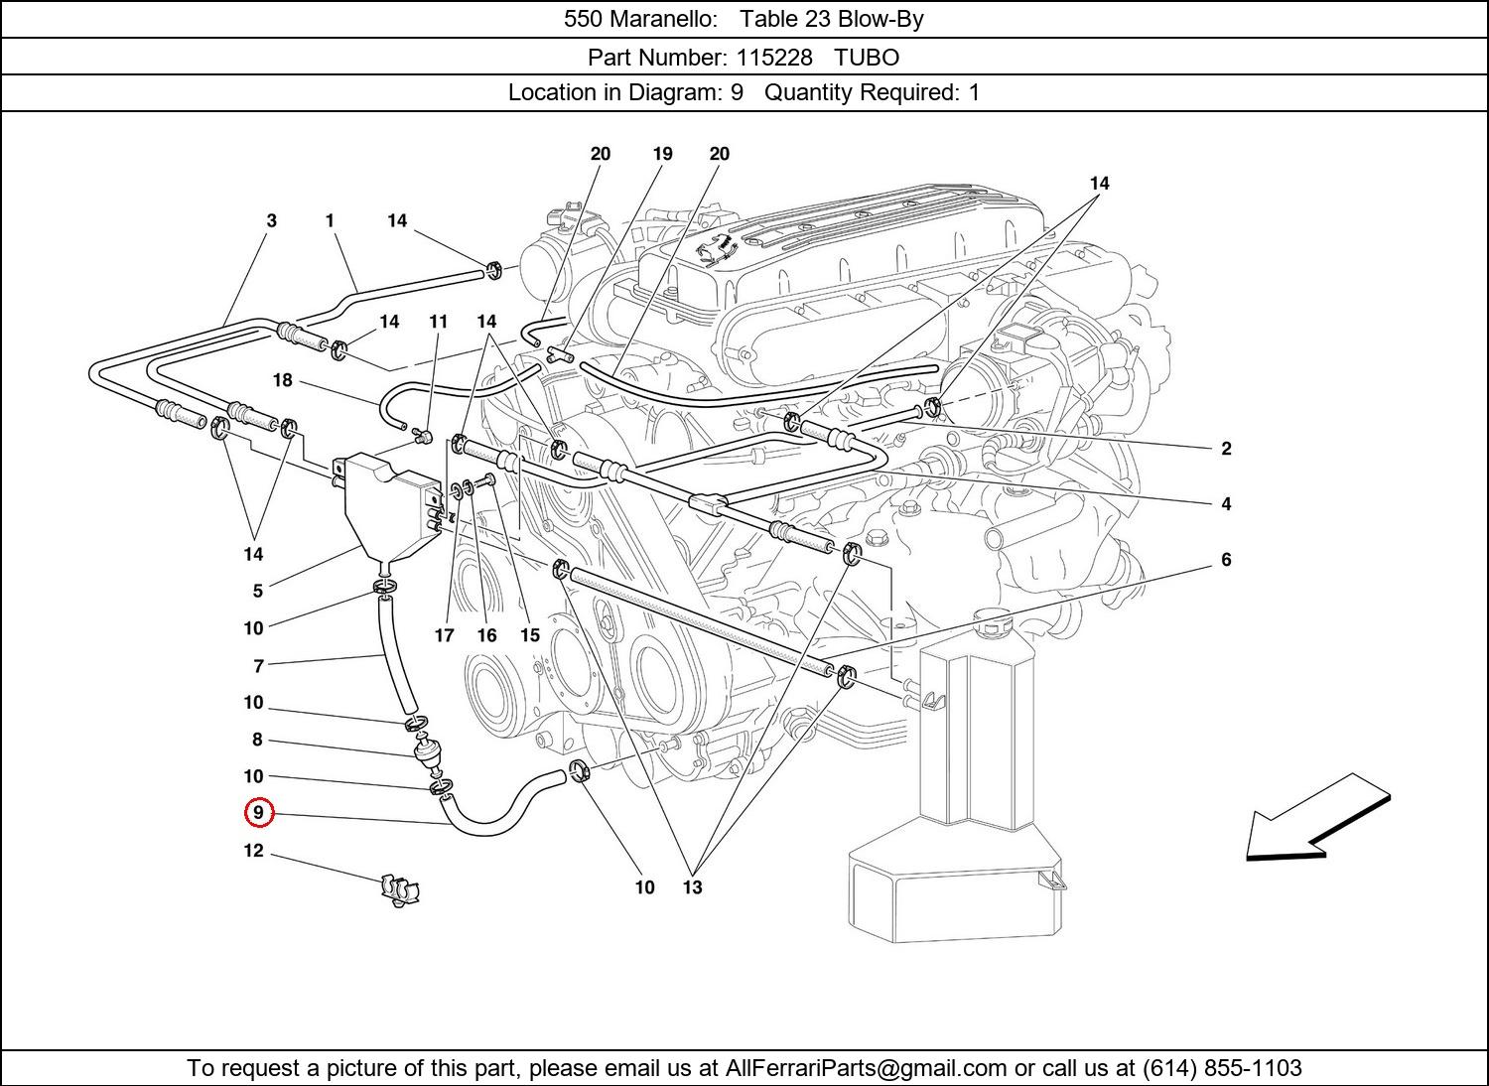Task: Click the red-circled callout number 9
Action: (258, 812)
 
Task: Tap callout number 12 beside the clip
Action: (253, 851)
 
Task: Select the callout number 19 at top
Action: (662, 154)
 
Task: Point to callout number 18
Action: (283, 380)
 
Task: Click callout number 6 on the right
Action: (1226, 560)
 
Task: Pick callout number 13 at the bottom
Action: (692, 887)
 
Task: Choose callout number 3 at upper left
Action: (271, 220)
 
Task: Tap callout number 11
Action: (438, 322)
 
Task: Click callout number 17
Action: (444, 635)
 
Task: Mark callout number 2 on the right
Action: (1226, 449)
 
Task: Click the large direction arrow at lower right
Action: (1317, 818)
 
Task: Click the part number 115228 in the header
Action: (773, 58)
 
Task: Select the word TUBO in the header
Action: (867, 58)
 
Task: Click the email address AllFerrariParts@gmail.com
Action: (866, 1068)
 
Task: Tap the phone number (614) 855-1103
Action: (1222, 1067)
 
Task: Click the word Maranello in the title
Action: (663, 19)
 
